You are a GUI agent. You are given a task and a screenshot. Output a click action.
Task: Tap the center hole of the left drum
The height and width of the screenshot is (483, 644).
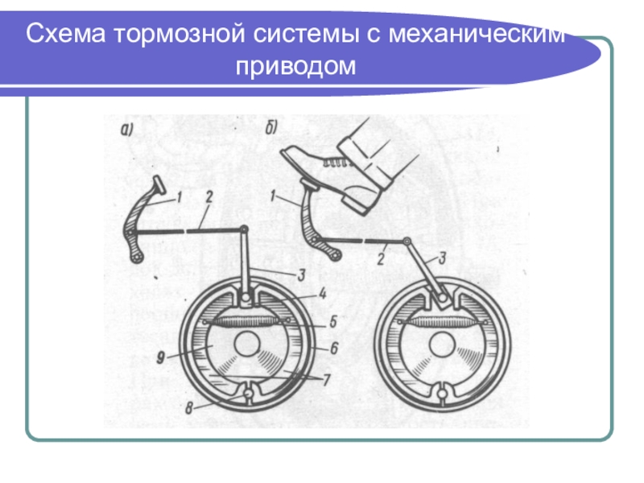[x=246, y=348]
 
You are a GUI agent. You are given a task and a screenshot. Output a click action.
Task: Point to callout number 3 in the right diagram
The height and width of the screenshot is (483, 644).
[x=441, y=258]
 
